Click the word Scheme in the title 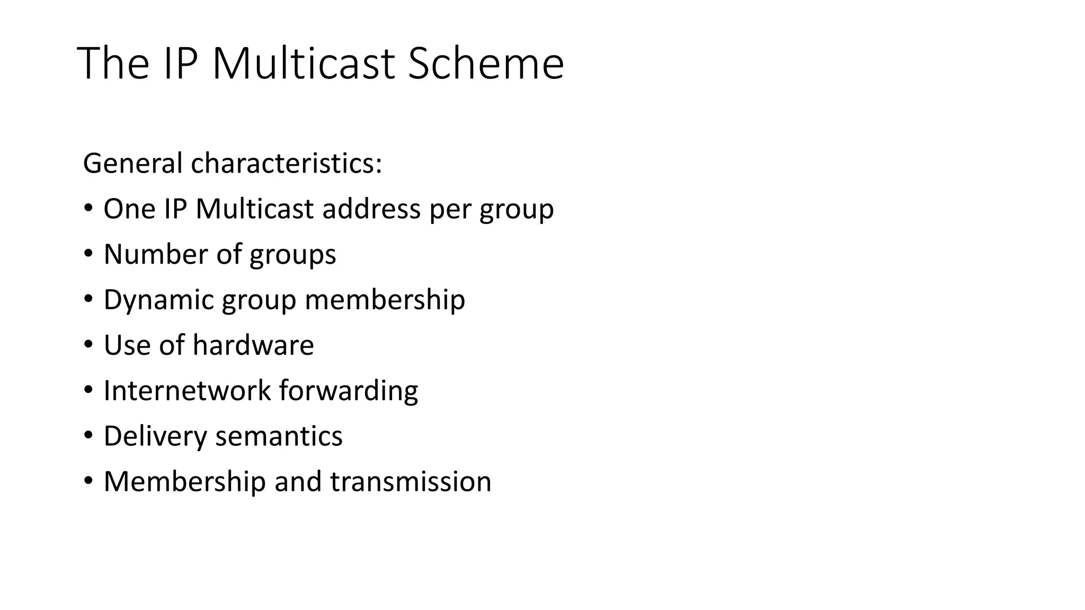tap(486, 64)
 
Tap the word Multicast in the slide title tap(304, 64)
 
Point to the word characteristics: tap(286, 163)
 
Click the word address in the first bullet tap(371, 209)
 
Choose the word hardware tap(253, 345)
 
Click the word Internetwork tap(187, 391)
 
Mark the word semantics tap(279, 436)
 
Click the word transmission tap(411, 482)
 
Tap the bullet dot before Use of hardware tap(88, 345)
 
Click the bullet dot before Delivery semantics tap(88, 436)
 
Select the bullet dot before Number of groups tap(88, 254)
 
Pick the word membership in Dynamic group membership tap(385, 300)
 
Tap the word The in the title tap(113, 64)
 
